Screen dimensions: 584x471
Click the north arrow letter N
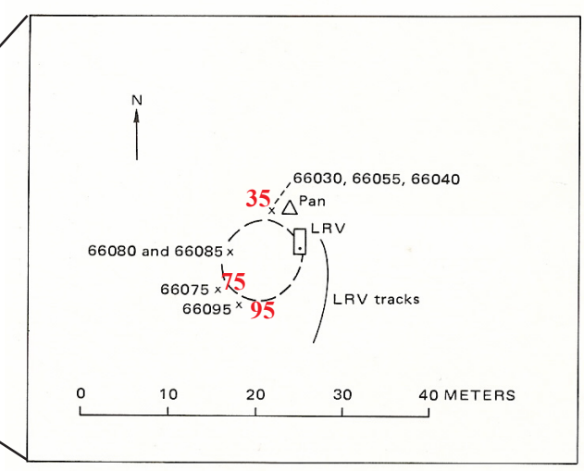coord(137,100)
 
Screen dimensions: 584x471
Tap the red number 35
coord(257,198)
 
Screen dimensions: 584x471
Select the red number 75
coord(234,281)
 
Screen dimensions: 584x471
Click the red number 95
coord(263,310)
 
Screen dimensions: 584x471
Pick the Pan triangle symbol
coord(290,207)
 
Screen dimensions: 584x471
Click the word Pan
coord(312,201)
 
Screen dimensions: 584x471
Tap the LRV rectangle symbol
coord(300,242)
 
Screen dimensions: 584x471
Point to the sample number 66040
coord(435,180)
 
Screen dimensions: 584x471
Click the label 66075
coord(185,290)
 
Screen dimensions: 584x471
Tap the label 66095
coord(207,309)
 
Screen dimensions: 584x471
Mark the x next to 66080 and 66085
coord(230,253)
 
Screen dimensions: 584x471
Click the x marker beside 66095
coord(239,305)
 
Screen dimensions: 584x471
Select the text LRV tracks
coord(376,300)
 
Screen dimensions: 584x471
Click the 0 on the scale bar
coord(81,393)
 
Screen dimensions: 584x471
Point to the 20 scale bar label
coord(255,394)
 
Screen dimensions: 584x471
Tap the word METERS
coord(480,395)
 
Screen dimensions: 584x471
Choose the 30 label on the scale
coord(342,395)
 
